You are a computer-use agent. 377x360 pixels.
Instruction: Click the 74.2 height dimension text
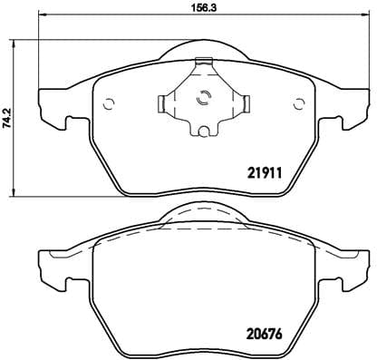click(6, 118)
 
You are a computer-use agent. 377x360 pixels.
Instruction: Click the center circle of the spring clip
click(203, 101)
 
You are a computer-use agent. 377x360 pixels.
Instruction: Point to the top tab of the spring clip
click(204, 63)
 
